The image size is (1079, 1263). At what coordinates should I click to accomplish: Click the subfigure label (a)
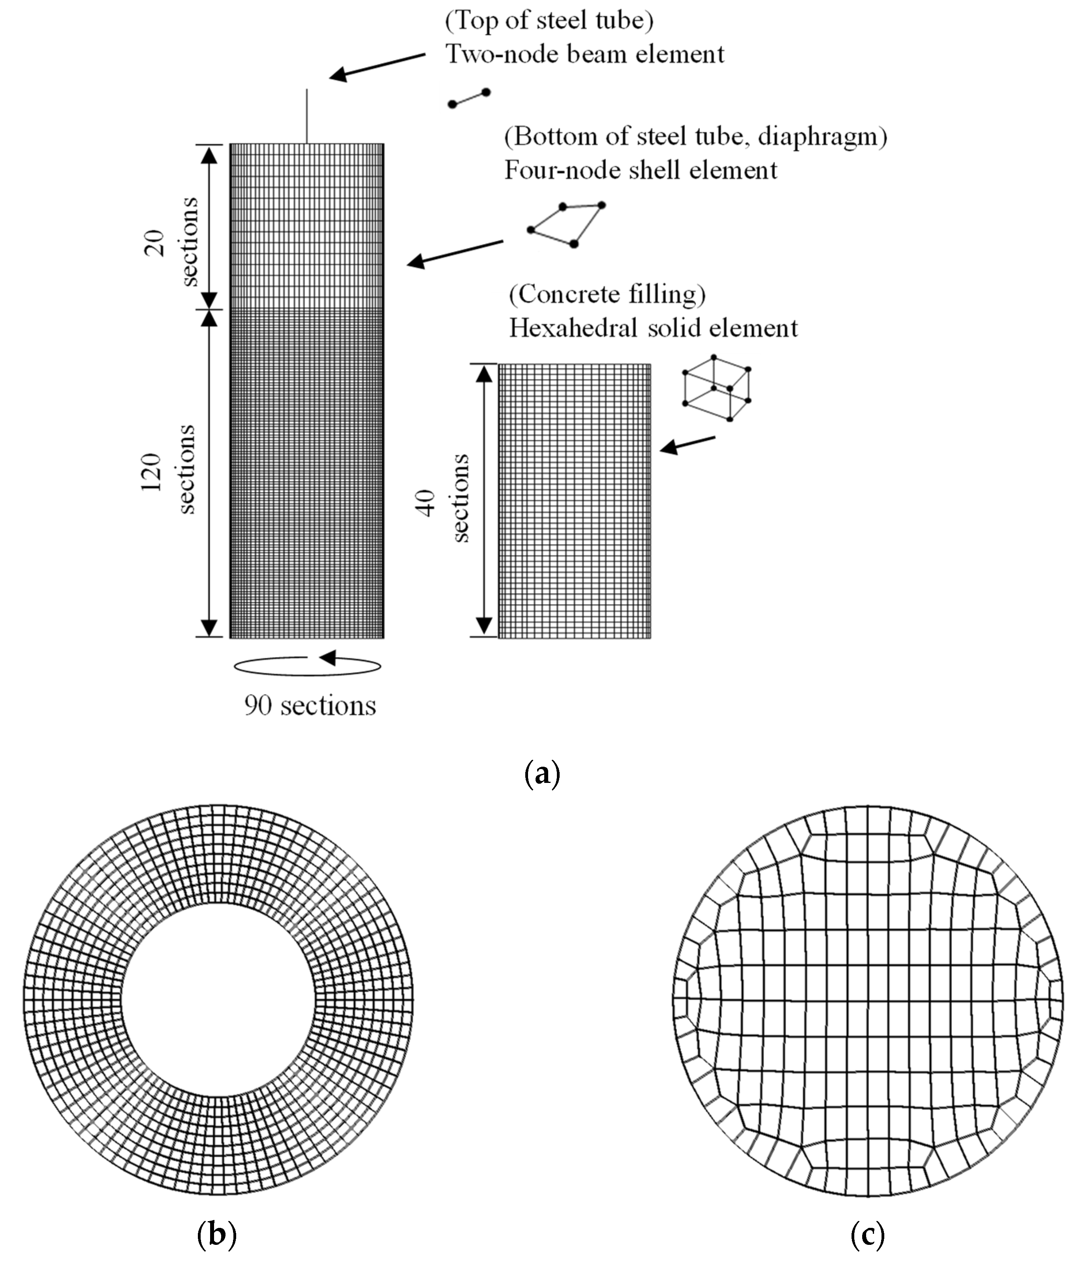541,773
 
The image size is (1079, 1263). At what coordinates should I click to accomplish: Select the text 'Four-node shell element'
641,170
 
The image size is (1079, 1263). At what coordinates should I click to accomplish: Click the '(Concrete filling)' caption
607,295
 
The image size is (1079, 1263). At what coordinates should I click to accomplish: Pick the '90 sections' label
310,706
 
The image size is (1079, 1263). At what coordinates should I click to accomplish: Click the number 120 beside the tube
151,473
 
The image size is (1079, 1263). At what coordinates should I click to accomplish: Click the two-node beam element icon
469,98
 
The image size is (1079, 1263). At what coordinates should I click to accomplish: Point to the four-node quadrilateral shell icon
567,224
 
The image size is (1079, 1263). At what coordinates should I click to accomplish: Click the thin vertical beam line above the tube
307,116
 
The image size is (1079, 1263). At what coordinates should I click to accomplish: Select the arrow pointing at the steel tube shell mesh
455,253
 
